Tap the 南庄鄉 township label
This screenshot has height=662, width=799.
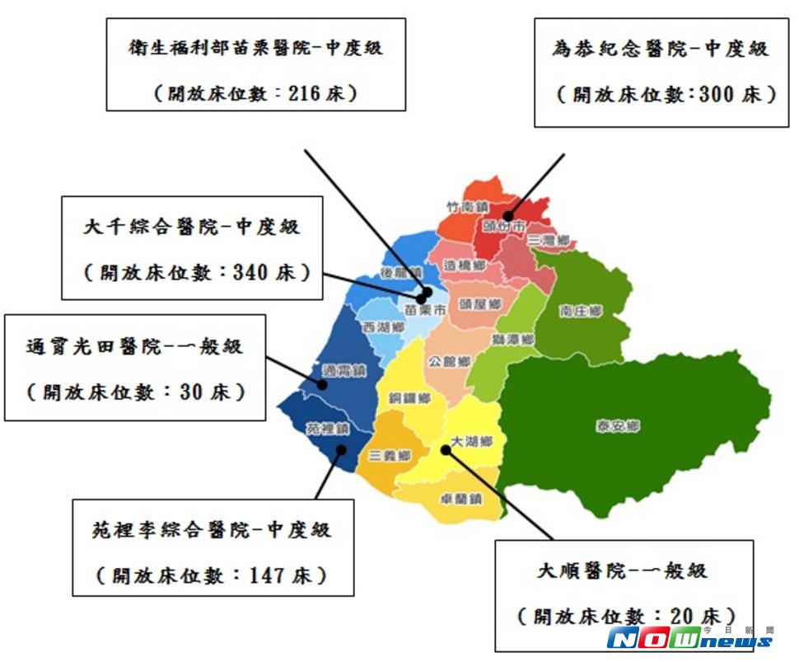tap(581, 312)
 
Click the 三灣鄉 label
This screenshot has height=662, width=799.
tap(549, 240)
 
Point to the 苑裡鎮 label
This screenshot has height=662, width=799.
tap(327, 430)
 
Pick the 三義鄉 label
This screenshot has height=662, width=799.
tap(390, 455)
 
